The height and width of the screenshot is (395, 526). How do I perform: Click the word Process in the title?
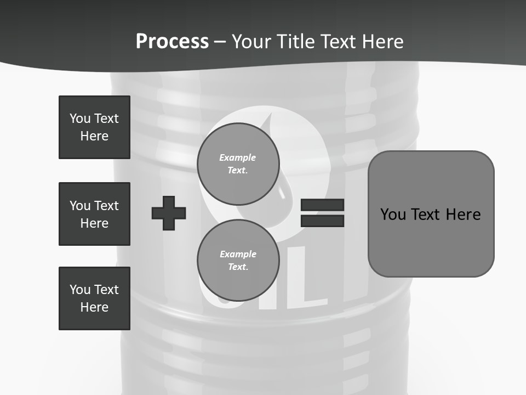coord(172,42)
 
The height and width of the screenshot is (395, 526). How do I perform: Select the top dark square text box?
coord(94,127)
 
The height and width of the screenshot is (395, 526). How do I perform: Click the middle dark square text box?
coord(94,214)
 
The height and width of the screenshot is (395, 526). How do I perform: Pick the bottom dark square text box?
coord(94,298)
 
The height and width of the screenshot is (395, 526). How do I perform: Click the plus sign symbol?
coord(169,213)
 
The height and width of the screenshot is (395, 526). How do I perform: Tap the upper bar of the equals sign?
coord(323,205)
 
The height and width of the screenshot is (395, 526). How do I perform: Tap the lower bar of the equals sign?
coord(323,221)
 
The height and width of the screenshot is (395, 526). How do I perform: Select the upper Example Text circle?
coord(238,164)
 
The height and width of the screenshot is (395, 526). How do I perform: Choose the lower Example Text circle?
coord(238,261)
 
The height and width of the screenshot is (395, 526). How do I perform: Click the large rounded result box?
coord(431,214)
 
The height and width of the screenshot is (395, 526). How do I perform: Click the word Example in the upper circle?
coord(238,157)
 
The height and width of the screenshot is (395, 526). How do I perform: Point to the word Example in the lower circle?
coord(238,254)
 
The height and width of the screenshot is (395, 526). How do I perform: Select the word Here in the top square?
coord(94,136)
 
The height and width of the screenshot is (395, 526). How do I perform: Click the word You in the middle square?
coord(79,206)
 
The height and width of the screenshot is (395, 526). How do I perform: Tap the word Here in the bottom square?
coord(94,307)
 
